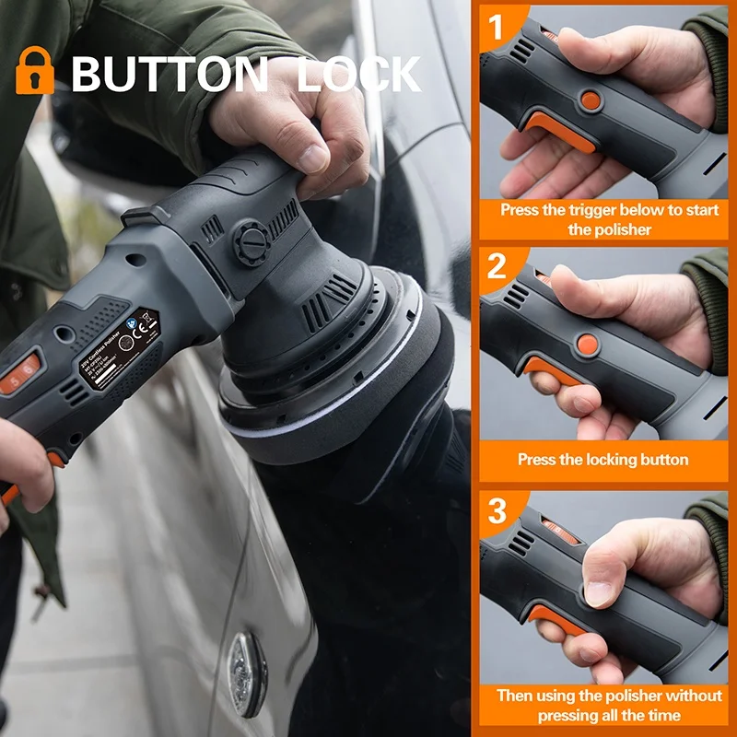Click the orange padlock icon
(35, 72)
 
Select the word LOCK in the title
(358, 74)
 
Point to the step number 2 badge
(497, 267)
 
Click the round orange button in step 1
(591, 99)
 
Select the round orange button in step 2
(587, 345)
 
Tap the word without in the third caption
(688, 696)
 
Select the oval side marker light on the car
(246, 673)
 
